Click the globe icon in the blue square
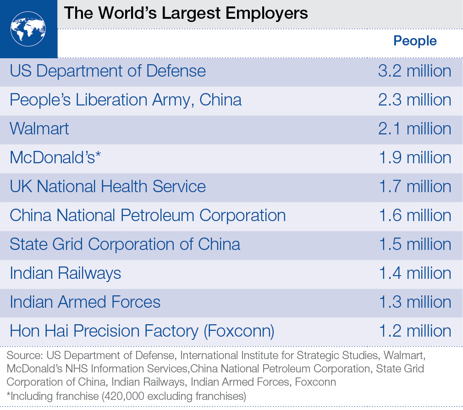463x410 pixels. click(28, 28)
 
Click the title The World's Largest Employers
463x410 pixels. click(186, 12)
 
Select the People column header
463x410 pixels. click(415, 41)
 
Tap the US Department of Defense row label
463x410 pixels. click(108, 71)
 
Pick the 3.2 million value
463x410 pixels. click(414, 71)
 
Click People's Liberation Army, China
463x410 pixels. click(126, 100)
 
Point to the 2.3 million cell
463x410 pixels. click(414, 100)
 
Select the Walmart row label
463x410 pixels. click(39, 129)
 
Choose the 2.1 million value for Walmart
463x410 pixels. click(414, 129)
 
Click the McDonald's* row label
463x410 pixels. click(55, 158)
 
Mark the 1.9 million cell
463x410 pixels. click(414, 158)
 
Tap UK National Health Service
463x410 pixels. click(108, 187)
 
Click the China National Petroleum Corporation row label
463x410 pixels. click(148, 216)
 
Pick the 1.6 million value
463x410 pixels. click(414, 216)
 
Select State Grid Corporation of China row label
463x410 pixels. click(125, 244)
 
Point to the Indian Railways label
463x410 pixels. click(66, 273)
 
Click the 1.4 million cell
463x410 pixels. click(414, 273)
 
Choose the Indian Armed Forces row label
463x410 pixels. click(85, 302)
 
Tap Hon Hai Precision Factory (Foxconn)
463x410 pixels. click(142, 331)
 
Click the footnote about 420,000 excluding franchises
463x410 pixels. click(127, 395)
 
